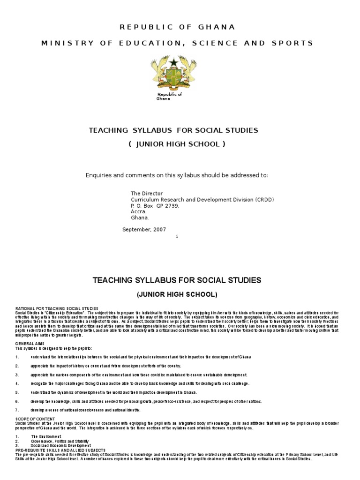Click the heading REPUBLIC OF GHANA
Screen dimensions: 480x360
[177, 27]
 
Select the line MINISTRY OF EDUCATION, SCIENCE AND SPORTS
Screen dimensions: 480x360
[177, 43]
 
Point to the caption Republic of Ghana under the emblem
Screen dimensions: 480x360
[169, 97]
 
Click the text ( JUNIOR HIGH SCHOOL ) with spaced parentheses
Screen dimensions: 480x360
[177, 144]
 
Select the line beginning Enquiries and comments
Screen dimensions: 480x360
[177, 175]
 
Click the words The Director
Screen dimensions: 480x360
[146, 193]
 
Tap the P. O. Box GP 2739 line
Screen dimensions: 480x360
[155, 205]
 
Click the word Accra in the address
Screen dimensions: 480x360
[139, 211]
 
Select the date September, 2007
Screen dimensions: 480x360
[143, 229]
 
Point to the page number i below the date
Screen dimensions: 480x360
[177, 237]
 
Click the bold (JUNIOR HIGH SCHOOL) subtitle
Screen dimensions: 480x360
[177, 294]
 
